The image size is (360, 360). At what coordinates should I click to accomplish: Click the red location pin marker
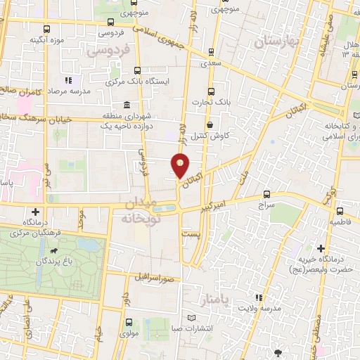[181, 165]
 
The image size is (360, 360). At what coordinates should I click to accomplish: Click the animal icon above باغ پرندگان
[53, 250]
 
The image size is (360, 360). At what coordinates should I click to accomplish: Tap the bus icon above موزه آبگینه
[46, 29]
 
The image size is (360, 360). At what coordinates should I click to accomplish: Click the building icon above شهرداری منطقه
[124, 104]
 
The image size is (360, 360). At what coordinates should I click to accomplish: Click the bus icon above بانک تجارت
[210, 92]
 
